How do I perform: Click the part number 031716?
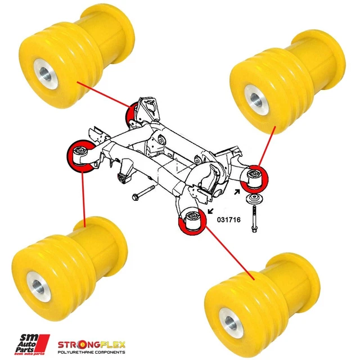[228, 220]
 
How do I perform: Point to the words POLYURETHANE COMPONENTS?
[93, 352]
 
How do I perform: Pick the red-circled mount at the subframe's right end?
[256, 177]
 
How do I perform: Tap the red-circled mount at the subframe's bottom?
[192, 220]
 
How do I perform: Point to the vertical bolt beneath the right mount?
[256, 217]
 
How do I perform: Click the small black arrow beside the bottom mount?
[211, 211]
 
